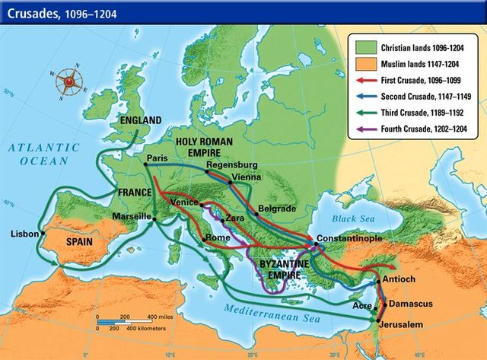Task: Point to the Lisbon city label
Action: (25, 234)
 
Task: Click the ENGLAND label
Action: (141, 120)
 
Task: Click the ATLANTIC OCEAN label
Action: (38, 157)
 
